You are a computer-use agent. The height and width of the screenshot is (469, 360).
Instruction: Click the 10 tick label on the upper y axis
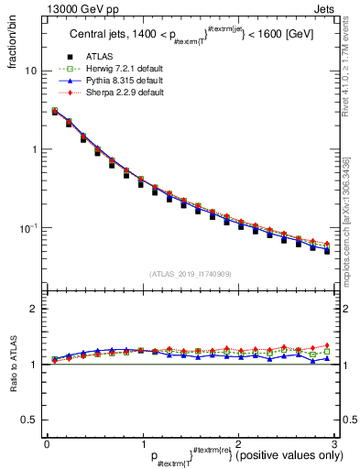[x=30, y=71]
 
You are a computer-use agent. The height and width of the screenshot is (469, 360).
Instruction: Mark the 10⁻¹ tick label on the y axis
[x=28, y=227]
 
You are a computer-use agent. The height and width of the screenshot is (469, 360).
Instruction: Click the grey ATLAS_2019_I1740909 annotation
[x=190, y=274]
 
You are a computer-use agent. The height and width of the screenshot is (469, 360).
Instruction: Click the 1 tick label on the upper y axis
[x=33, y=149]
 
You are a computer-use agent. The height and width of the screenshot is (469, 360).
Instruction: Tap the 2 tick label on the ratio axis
[x=33, y=309]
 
